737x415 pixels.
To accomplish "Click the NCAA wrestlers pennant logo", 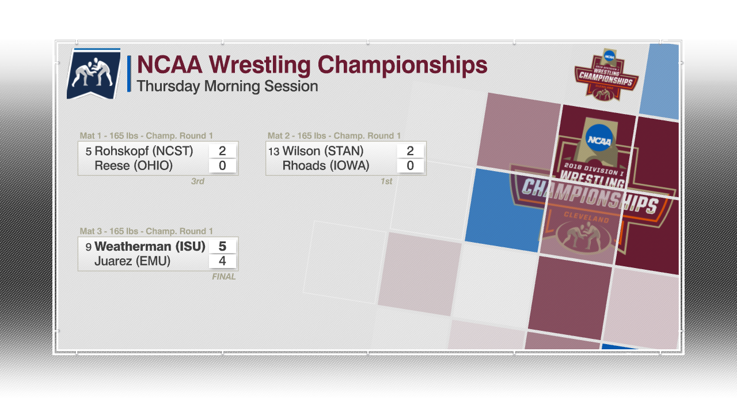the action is (x=94, y=73).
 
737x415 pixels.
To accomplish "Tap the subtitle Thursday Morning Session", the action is (x=227, y=86).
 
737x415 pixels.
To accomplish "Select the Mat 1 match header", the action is (x=146, y=135).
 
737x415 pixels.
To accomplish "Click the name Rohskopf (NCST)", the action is (x=144, y=151).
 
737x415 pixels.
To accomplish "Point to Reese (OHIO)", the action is (x=134, y=165).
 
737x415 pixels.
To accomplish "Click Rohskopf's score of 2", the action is (x=222, y=151).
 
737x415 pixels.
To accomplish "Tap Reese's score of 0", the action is (x=222, y=165).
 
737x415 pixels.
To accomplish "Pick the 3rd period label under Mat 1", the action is (x=197, y=181).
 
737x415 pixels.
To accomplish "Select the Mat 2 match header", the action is (x=335, y=135).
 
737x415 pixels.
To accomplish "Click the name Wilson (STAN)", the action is (x=323, y=151).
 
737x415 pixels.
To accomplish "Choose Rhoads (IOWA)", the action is (x=326, y=165).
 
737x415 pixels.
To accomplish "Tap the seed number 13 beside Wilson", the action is (x=273, y=152).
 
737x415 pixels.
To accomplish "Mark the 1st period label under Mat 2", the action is (x=386, y=181).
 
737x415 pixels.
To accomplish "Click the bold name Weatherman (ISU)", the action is (x=150, y=246).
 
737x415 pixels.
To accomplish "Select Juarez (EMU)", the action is (x=132, y=261).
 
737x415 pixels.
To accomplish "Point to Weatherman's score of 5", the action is (x=222, y=246).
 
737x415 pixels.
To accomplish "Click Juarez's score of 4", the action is (x=222, y=261).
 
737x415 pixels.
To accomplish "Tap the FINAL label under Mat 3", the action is (x=224, y=277).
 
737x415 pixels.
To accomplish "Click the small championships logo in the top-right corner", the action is (x=606, y=75).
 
